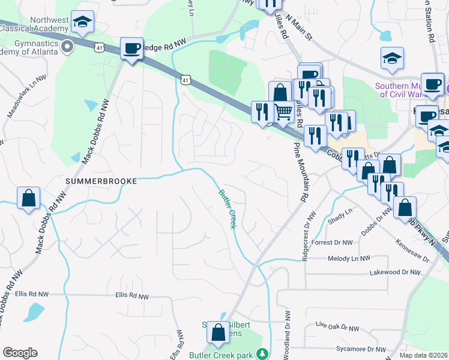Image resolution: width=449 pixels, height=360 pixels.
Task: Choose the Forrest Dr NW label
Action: [x=332, y=243]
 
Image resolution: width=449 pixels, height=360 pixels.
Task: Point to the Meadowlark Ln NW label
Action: [x=26, y=96]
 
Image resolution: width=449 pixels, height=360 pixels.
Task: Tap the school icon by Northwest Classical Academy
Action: [x=82, y=22]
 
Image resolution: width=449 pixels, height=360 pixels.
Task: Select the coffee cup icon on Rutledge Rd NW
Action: [x=131, y=48]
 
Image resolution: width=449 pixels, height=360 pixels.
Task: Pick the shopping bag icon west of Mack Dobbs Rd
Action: [x=28, y=198]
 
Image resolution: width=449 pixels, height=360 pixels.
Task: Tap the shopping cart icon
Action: [x=283, y=111]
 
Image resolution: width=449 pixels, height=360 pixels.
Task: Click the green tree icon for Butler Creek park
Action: [x=261, y=354]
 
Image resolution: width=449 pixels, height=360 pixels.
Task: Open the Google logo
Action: [x=20, y=353]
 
